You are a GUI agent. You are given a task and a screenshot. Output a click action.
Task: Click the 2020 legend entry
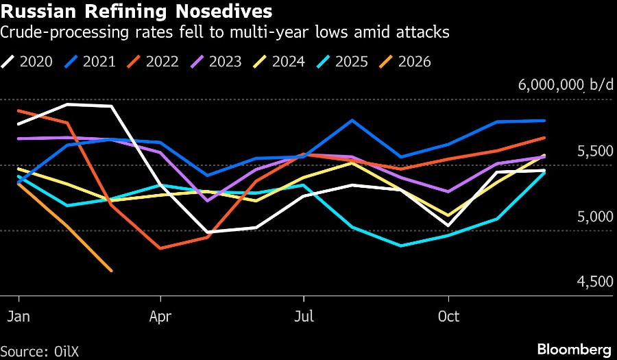pos(27,62)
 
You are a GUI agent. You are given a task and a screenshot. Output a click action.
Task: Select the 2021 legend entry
pos(90,62)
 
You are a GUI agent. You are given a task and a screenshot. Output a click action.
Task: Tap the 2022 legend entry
pos(153,62)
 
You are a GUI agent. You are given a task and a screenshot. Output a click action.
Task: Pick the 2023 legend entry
pos(216,62)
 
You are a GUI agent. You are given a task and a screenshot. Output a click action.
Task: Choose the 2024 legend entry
pos(279,62)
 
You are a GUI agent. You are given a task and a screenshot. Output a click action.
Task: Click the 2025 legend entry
pos(342,62)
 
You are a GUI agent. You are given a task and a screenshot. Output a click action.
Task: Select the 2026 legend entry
pos(405,62)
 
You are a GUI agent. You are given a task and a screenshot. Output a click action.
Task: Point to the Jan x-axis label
pos(19,317)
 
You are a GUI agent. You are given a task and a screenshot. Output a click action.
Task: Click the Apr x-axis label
pos(160,317)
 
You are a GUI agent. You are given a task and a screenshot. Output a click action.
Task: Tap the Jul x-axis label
pos(304,317)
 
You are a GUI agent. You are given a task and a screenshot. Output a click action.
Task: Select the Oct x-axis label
pos(448,317)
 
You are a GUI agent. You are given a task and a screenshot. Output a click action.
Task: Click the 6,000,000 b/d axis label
pos(566,84)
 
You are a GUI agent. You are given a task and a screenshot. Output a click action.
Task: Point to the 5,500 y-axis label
pos(595,151)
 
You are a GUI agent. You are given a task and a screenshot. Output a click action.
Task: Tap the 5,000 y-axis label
pos(595,217)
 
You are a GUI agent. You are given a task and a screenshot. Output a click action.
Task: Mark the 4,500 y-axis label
pos(595,282)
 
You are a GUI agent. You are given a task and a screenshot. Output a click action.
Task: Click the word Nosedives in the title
pos(223,12)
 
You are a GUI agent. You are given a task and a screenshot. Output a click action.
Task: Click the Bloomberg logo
pos(574,350)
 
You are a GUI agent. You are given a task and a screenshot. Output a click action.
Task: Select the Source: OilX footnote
pos(40,351)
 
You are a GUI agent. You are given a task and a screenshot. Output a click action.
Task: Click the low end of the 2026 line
pos(112,271)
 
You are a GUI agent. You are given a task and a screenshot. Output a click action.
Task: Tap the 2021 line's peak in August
pos(352,120)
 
